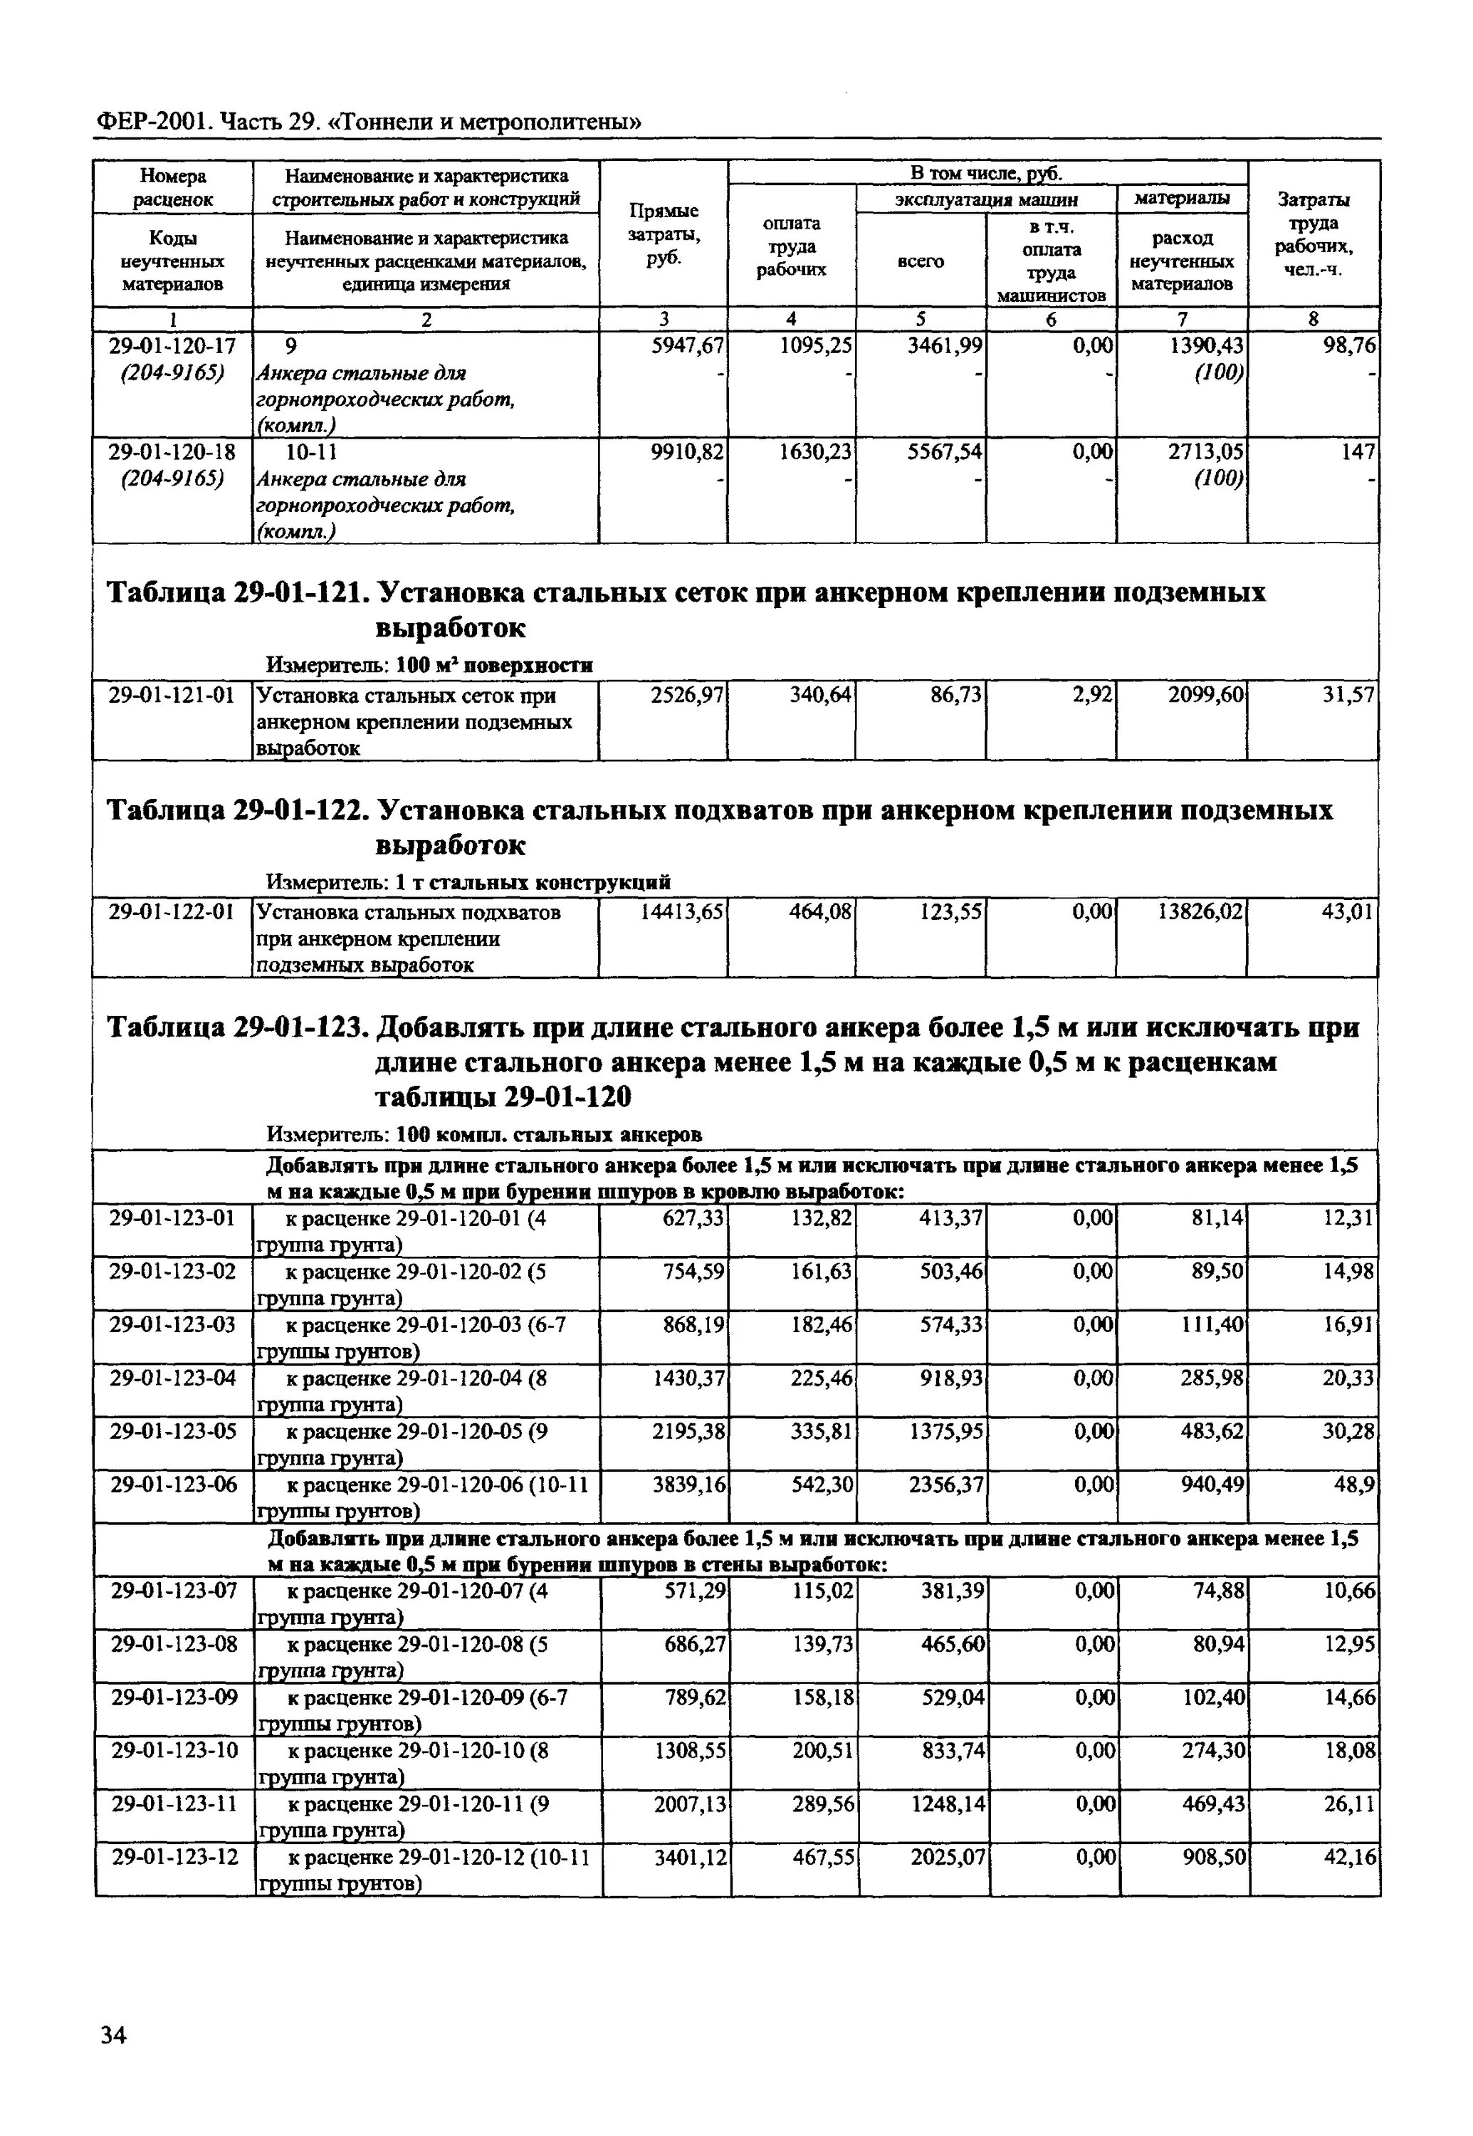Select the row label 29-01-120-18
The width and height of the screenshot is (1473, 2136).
pyautogui.click(x=172, y=452)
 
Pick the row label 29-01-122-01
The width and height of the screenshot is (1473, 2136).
pyautogui.click(x=172, y=912)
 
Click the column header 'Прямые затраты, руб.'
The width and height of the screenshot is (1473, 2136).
pyautogui.click(x=663, y=236)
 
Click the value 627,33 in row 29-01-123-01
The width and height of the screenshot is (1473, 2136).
pyautogui.click(x=694, y=1218)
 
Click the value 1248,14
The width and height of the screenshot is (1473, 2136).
pyautogui.click(x=946, y=1803)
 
